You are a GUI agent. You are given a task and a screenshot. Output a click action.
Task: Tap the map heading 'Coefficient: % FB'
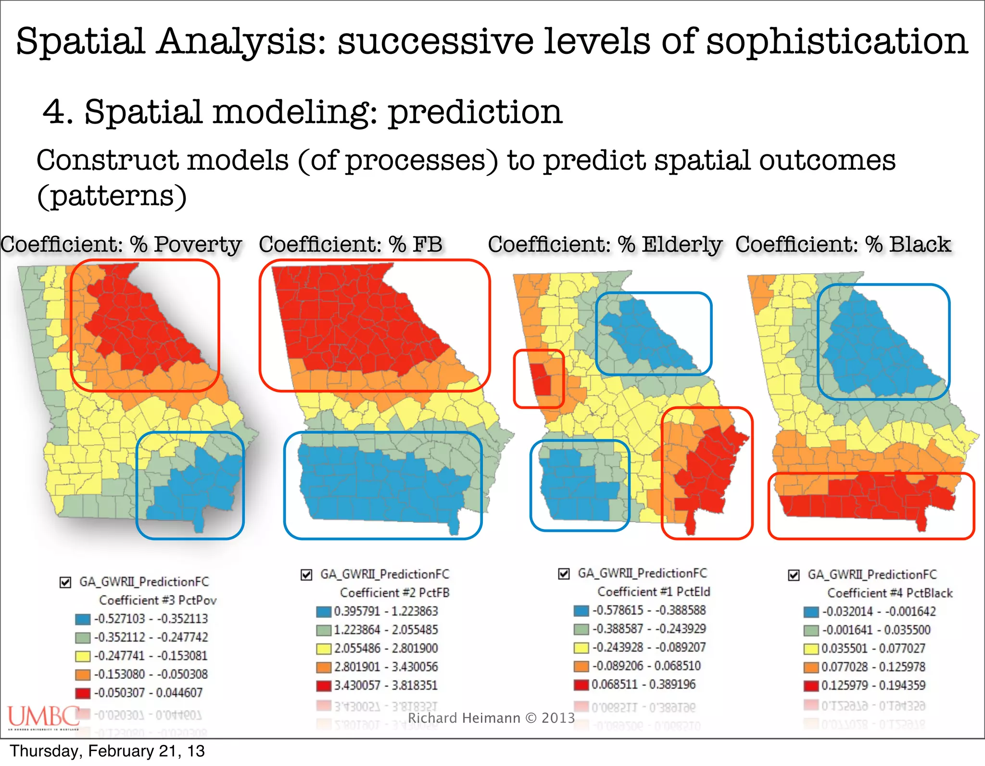(x=350, y=244)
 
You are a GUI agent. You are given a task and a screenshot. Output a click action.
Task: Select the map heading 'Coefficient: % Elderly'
(x=605, y=244)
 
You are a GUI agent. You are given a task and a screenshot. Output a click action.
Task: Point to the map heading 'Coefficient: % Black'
(x=843, y=244)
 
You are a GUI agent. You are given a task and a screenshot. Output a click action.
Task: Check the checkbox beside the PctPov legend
(x=65, y=582)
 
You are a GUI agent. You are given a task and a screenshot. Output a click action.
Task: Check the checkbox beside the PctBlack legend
(x=794, y=575)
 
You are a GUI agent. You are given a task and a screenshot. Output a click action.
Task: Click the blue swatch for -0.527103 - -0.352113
(x=83, y=619)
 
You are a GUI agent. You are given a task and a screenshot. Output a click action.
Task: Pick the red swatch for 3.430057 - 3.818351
(x=324, y=686)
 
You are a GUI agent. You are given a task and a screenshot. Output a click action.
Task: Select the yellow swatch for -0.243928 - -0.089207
(x=581, y=648)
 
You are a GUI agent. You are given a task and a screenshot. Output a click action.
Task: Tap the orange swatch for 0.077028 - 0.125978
(x=811, y=667)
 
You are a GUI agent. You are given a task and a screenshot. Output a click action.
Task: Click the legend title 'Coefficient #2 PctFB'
(x=394, y=593)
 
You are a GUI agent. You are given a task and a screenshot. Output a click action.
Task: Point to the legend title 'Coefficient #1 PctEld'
(x=654, y=592)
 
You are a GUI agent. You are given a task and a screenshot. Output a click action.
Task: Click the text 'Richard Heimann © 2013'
(x=491, y=718)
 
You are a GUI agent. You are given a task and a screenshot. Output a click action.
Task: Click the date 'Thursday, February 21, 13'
(x=107, y=751)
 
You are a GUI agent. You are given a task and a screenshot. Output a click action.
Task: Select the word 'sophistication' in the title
(x=837, y=41)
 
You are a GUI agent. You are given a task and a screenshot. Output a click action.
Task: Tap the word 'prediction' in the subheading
(x=475, y=112)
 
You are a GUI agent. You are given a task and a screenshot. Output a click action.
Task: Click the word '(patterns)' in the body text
(x=112, y=196)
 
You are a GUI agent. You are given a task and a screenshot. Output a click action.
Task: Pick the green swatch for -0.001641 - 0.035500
(x=811, y=630)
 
